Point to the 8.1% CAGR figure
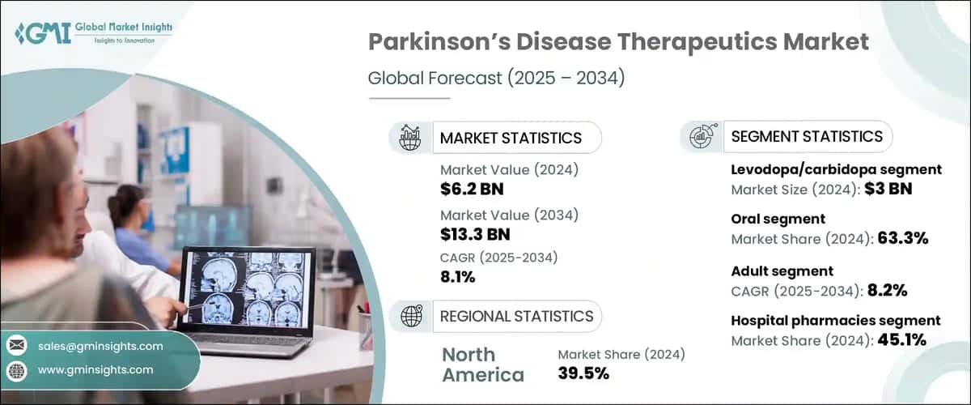click(x=458, y=277)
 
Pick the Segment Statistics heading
click(x=807, y=137)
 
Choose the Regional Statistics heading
click(x=516, y=316)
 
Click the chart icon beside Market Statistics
click(x=409, y=138)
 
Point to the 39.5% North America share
click(x=583, y=373)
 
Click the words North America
click(x=483, y=364)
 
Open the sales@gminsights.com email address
click(x=100, y=346)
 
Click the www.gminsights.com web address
click(x=95, y=370)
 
